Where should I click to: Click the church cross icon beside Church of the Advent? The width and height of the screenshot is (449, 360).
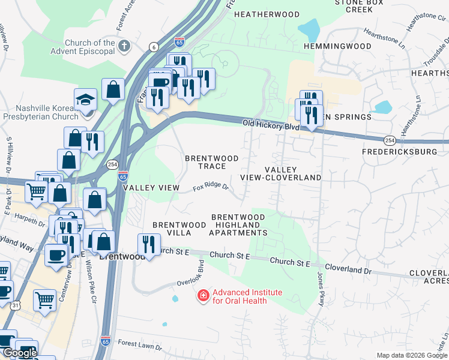click(124, 46)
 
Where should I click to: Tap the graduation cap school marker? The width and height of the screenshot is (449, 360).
click(85, 100)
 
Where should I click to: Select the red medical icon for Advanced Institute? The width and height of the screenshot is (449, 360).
click(203, 296)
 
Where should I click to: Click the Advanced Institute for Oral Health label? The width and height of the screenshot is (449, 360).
click(247, 296)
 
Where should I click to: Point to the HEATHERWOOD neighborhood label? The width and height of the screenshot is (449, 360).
click(267, 14)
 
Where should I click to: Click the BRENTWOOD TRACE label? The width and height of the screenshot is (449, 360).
click(211, 162)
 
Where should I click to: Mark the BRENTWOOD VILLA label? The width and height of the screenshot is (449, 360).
click(172, 228)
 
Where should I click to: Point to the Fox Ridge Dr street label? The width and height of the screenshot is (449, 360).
click(211, 188)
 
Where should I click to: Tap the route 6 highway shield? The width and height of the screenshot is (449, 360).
click(154, 47)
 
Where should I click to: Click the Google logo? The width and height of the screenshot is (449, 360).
click(19, 353)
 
